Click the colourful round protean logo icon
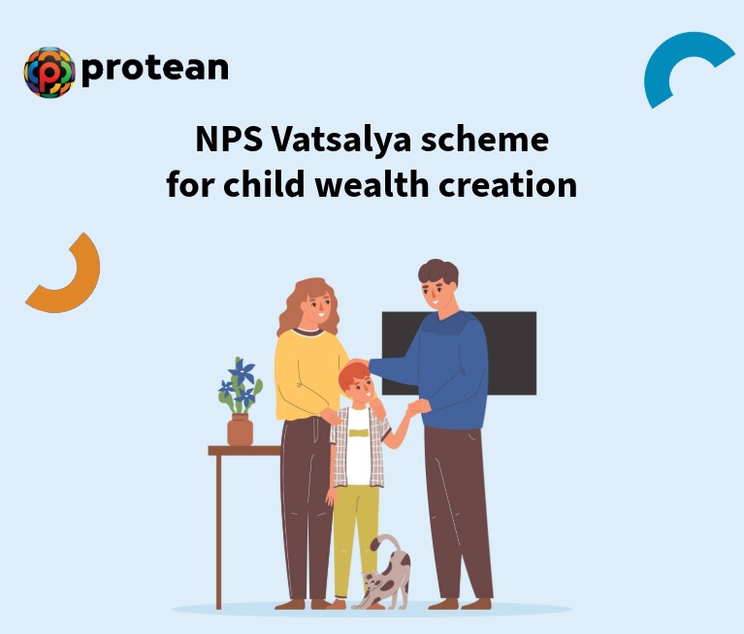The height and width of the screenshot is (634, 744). coord(49,72)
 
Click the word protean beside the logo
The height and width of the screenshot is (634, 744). coord(155,68)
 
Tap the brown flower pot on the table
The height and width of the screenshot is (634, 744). coord(240,430)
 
